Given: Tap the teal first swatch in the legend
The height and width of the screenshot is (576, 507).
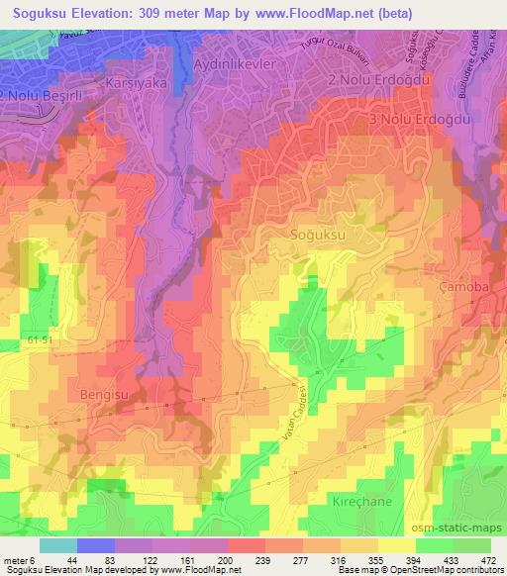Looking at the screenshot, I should click(57, 545).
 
